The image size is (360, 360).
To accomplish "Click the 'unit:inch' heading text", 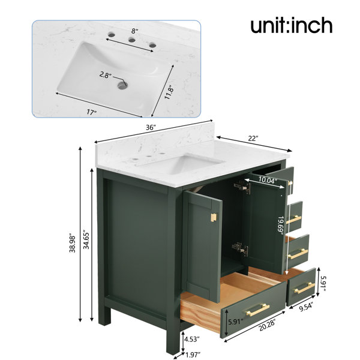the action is click(x=292, y=25).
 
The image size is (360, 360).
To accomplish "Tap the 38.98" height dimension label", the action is click(x=73, y=244).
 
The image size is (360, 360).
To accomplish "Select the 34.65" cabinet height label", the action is click(x=86, y=239).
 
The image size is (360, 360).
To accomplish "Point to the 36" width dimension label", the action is click(x=151, y=128).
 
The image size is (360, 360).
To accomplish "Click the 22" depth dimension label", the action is click(x=253, y=139).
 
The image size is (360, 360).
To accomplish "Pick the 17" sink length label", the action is click(x=91, y=112).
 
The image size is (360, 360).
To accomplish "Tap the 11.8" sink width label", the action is click(x=169, y=92).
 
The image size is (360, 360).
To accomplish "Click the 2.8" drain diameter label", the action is click(x=106, y=75).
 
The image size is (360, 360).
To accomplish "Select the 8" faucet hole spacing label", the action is click(x=135, y=31).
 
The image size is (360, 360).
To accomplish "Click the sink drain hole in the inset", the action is click(x=122, y=85).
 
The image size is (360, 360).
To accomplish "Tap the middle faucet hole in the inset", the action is click(x=132, y=40).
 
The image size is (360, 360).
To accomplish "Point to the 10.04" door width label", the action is click(x=266, y=180).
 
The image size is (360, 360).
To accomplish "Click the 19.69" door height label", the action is click(x=281, y=225).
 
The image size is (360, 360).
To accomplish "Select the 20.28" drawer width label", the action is click(x=267, y=325).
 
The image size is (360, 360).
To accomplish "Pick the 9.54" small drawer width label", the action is click(x=306, y=307).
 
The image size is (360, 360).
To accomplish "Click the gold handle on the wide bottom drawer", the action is click(x=258, y=310).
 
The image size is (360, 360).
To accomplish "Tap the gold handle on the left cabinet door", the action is click(x=214, y=218).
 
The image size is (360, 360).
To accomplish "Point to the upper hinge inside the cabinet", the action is click(x=242, y=186).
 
